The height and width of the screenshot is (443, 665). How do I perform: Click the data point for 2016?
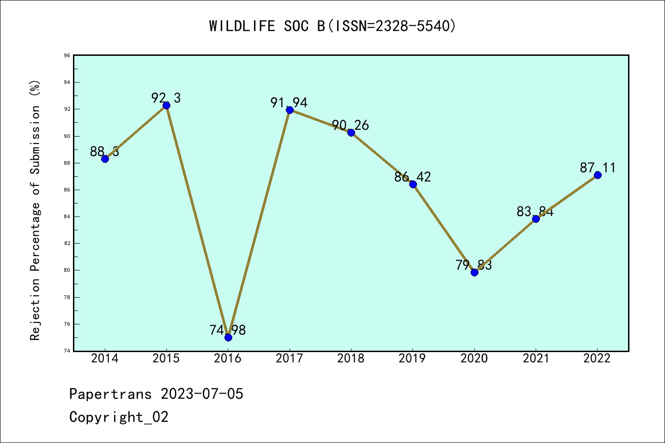pos(228,337)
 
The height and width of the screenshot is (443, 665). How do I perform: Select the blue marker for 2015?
pos(166,105)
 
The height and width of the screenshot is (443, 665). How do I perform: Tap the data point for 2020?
pos(474,272)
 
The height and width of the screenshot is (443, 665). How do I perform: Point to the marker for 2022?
pos(598,175)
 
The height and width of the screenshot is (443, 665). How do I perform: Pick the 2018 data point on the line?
pos(351,132)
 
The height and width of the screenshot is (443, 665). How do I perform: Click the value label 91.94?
pos(289,102)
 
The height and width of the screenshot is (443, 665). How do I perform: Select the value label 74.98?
pos(228,330)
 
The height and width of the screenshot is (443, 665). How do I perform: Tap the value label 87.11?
pos(598,168)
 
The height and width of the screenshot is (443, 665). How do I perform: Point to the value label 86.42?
pos(412,177)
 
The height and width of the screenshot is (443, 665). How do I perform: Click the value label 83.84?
pos(535,211)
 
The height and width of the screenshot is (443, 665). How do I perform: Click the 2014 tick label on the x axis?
pos(105,359)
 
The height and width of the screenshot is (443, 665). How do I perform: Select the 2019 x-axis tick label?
pos(412,359)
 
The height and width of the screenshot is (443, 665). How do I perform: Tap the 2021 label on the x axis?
pos(536,359)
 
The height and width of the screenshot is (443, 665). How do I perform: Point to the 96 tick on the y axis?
pos(67,56)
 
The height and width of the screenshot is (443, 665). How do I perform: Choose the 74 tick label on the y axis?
pos(67,351)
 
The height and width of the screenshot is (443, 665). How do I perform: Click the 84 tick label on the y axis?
pos(67,217)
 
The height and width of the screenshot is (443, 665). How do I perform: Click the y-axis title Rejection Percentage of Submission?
pos(36,210)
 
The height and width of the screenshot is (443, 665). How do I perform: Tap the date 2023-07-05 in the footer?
pos(202,394)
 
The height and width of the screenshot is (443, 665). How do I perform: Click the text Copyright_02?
pos(119,417)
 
